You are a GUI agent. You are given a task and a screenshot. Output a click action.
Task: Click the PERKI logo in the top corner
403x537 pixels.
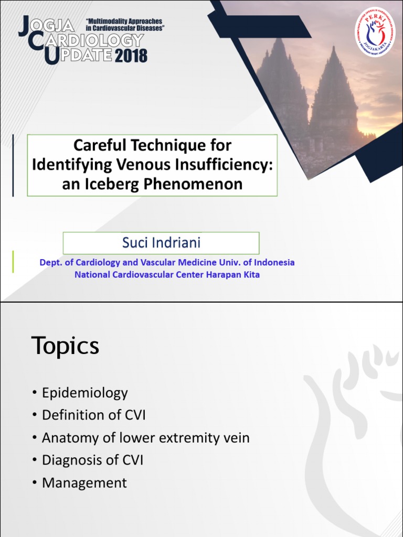click(x=375, y=31)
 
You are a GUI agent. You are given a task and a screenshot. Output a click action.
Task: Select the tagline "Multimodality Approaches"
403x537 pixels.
click(x=124, y=21)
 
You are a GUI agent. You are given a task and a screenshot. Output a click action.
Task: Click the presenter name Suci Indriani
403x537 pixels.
click(x=161, y=243)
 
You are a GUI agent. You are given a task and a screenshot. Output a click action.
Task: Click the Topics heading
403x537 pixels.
click(x=65, y=346)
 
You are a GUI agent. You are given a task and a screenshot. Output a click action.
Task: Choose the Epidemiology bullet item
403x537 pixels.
click(x=84, y=393)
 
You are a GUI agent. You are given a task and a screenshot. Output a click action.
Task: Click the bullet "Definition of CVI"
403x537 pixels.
click(x=93, y=415)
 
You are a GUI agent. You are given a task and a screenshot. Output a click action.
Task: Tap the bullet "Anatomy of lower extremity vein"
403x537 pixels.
click(x=145, y=438)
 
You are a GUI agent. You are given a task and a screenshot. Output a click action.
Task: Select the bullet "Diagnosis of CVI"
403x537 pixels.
click(x=92, y=460)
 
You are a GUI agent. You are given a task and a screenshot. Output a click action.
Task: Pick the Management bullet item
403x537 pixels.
click(x=84, y=483)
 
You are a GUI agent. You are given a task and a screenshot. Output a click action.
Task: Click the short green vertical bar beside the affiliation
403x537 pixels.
click(x=13, y=262)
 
